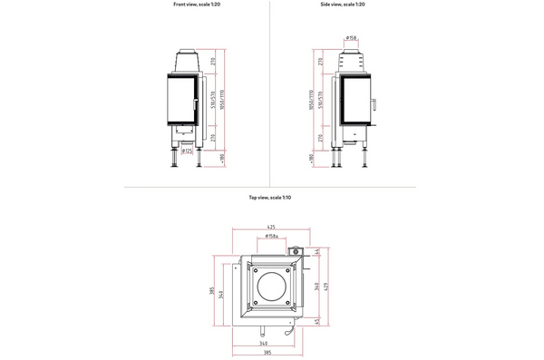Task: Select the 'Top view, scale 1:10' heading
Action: click(x=270, y=197)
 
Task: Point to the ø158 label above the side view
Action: click(x=351, y=39)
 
